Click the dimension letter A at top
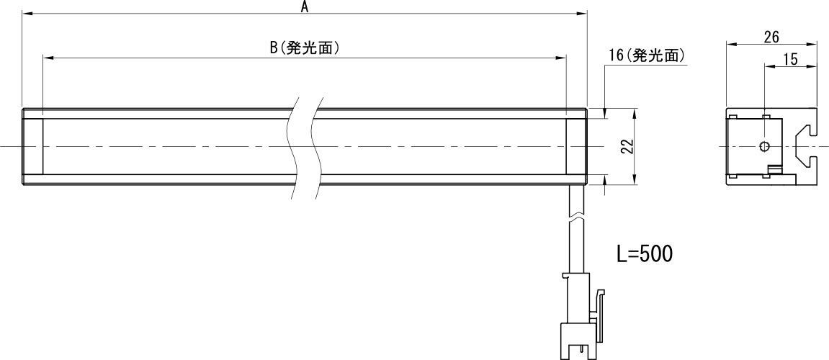coord(304,7)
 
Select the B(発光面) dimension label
coord(304,48)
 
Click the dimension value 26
coord(770,36)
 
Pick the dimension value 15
coord(789,58)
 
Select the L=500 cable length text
coord(645,253)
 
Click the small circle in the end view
coord(764,147)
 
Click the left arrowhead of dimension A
coord(25,14)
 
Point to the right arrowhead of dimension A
coord(584,14)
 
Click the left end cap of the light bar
coord(33,147)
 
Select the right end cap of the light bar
coord(576,147)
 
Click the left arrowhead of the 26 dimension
coord(728,45)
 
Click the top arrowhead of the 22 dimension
coord(635,113)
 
